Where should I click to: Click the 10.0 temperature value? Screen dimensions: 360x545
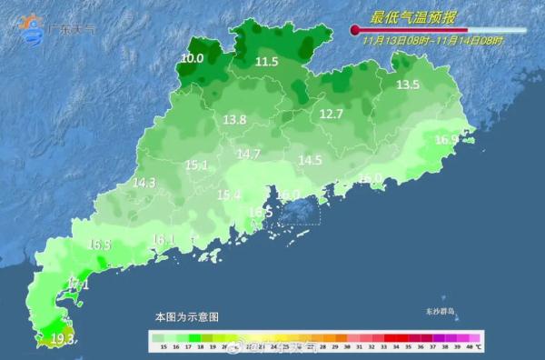[x=192, y=59]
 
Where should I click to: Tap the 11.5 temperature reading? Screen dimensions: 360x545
[x=266, y=62]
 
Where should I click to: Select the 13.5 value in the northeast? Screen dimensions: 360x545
[x=408, y=85]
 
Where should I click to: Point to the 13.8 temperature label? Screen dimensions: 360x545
[x=235, y=120]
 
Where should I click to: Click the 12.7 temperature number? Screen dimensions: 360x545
[x=332, y=115]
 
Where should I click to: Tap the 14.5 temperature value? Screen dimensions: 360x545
[x=311, y=160]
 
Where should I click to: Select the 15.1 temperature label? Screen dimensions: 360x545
[x=197, y=165]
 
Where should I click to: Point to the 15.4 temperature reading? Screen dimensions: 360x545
[x=229, y=195]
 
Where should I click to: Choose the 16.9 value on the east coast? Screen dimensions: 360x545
[x=446, y=140]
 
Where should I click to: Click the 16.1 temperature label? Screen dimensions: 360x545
[x=163, y=240]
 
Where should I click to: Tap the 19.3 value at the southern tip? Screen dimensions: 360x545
[x=63, y=339]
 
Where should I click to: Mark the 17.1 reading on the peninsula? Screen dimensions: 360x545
[x=78, y=285]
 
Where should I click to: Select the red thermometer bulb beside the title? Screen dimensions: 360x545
[x=355, y=31]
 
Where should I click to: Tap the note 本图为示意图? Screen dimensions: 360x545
[x=186, y=316]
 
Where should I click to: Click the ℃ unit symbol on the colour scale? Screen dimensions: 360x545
[x=480, y=347]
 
